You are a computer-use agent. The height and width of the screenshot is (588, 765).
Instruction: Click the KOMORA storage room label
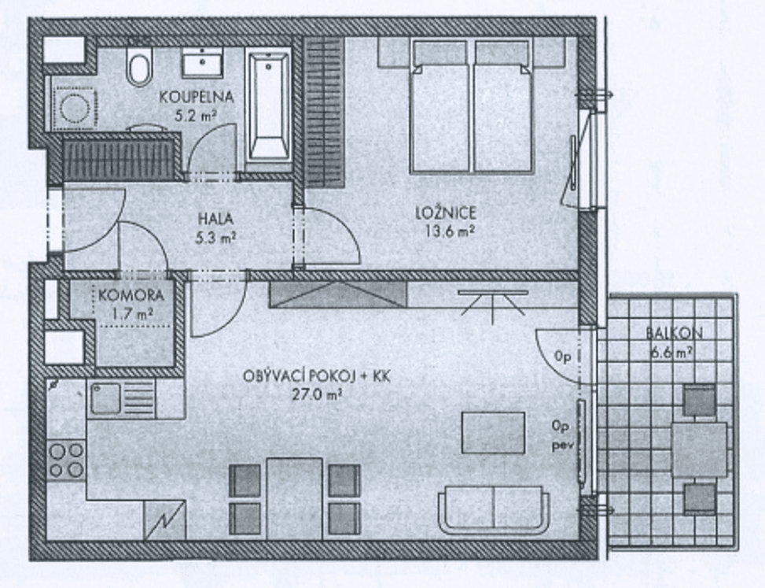point(131,297)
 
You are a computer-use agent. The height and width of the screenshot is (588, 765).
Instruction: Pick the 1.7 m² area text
point(131,313)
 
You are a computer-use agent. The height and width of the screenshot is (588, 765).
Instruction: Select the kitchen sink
point(106,398)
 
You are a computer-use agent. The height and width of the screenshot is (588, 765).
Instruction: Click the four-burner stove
point(67,460)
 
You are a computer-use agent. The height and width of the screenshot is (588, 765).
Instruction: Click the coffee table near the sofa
point(493,433)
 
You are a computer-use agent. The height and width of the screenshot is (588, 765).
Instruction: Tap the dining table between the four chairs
point(294,497)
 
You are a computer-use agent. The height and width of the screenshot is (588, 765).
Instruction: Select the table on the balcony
point(699,449)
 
